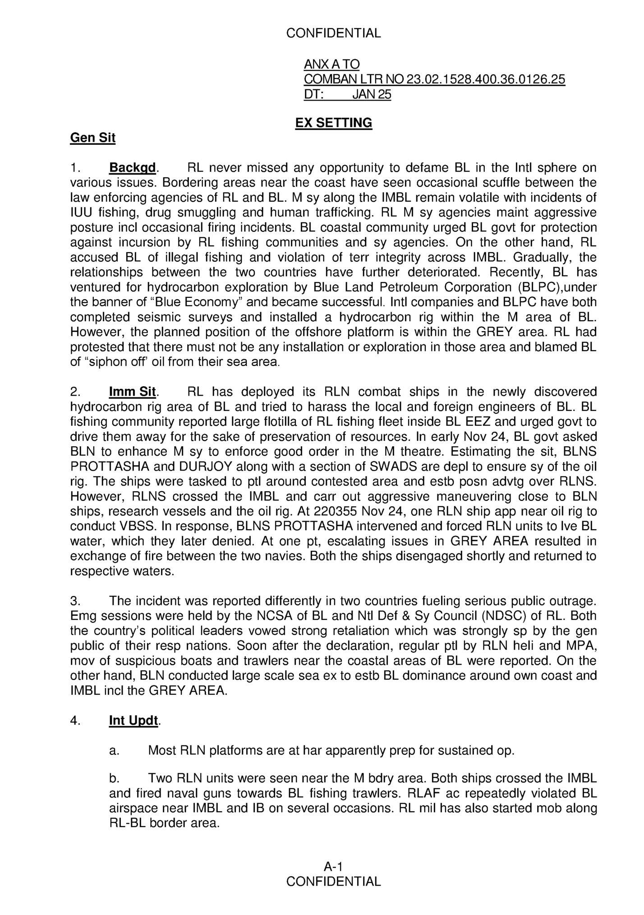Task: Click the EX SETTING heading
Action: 333,123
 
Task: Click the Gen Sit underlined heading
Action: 92,138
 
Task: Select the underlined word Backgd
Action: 133,168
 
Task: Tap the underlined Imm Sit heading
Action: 132,392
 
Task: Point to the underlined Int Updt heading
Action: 133,721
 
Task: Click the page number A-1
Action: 333,866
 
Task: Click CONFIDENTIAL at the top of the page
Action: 333,33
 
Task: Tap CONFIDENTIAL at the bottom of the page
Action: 333,881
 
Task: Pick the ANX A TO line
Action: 331,65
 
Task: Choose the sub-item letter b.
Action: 114,779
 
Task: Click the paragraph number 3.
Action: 75,601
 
